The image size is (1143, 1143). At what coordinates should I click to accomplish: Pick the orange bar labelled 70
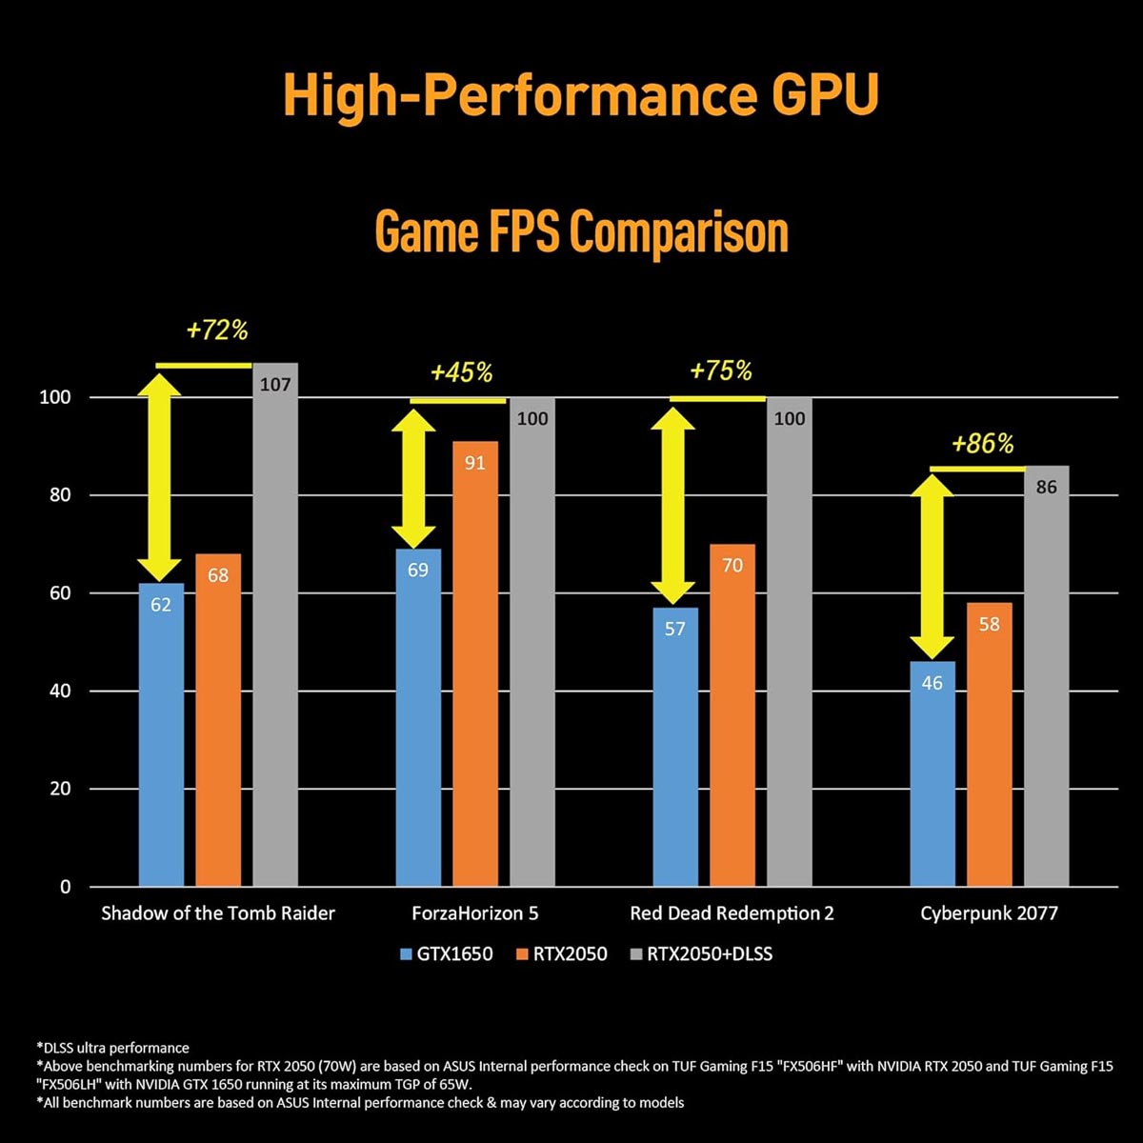click(732, 714)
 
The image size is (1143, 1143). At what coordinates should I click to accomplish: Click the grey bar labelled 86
click(1047, 675)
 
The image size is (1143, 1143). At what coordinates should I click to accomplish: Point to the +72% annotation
click(217, 331)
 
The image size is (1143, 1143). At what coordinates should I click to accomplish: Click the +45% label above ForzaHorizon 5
click(462, 372)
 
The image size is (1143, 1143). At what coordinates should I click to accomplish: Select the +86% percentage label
click(982, 444)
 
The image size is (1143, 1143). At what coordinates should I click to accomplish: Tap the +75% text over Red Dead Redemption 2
click(721, 371)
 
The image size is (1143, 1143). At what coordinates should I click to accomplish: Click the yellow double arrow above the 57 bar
click(673, 506)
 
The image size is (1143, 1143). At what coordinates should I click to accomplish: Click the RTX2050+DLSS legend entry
click(701, 953)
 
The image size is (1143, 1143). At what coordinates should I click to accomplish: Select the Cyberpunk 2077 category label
click(989, 913)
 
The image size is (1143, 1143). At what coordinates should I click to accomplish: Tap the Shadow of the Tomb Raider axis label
click(218, 913)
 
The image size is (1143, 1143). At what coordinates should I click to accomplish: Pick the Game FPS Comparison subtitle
click(582, 232)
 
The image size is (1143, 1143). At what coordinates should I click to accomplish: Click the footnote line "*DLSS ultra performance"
click(112, 1048)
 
